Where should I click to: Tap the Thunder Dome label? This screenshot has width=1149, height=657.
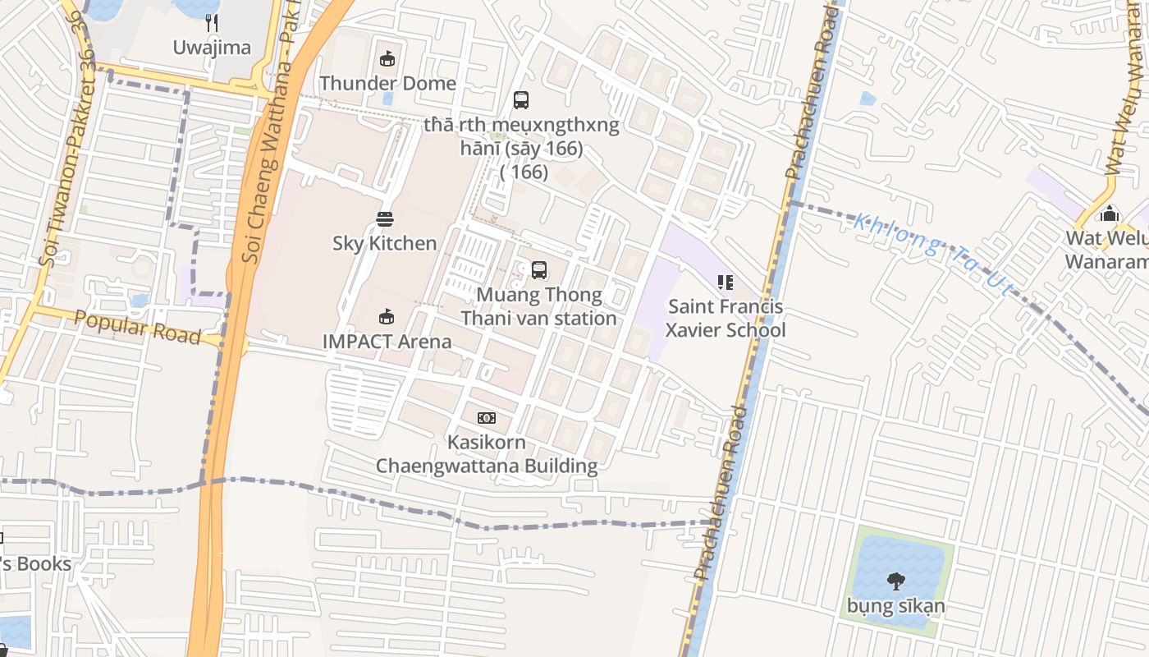[x=387, y=83]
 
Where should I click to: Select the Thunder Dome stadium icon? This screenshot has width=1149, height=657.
[x=387, y=58]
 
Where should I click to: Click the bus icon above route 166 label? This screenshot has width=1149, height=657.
[x=521, y=100]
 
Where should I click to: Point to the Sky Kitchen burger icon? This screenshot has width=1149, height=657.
[x=384, y=219]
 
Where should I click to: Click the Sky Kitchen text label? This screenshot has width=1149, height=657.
[x=384, y=243]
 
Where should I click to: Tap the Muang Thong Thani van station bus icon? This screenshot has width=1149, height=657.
[x=538, y=270]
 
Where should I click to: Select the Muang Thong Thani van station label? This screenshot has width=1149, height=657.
[x=538, y=306]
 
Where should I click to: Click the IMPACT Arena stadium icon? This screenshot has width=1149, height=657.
[x=387, y=317]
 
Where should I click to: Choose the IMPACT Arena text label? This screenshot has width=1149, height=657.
[x=387, y=341]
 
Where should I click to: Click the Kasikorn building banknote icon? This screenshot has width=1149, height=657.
[x=487, y=418]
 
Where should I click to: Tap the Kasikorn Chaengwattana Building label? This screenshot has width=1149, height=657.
[x=487, y=454]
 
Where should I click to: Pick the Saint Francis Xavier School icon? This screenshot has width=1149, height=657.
[x=725, y=283]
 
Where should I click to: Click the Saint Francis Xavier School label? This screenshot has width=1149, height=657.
[x=726, y=319]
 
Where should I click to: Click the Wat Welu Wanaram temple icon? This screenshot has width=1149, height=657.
[x=1109, y=214]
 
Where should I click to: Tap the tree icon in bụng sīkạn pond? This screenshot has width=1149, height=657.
[x=895, y=581]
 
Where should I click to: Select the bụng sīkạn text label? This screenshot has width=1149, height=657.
[x=895, y=607]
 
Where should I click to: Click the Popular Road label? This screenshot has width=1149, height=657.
[x=137, y=328]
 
